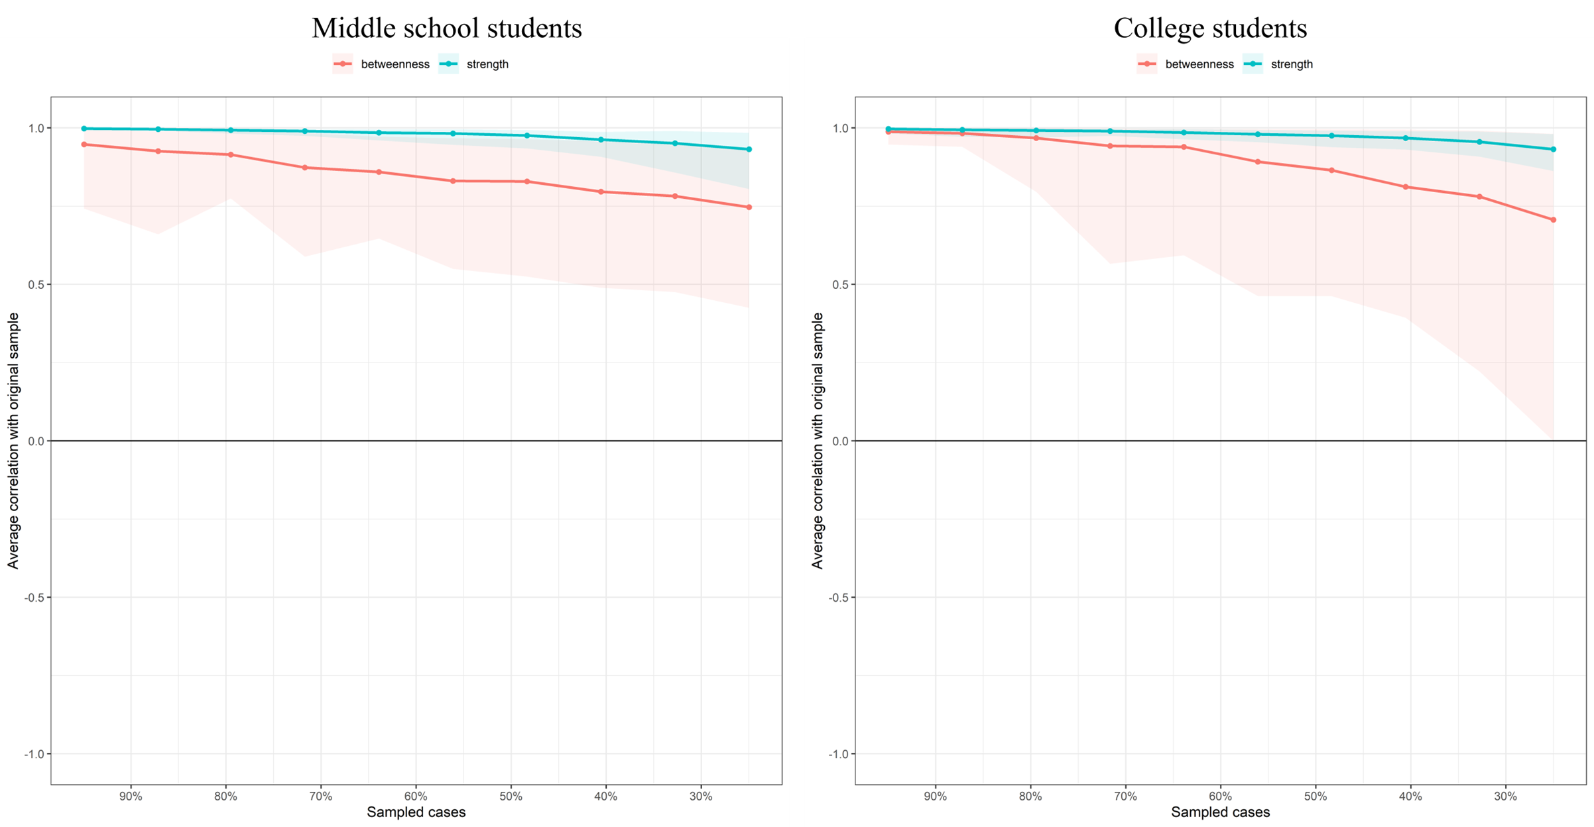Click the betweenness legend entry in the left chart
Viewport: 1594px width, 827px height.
[x=395, y=64]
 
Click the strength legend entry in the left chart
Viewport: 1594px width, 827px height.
[x=487, y=64]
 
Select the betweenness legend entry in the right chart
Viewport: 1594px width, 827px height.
[x=1199, y=64]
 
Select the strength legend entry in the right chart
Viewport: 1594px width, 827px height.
[x=1291, y=64]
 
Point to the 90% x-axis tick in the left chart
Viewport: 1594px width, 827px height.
[x=131, y=797]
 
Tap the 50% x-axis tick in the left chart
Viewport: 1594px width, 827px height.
[x=511, y=797]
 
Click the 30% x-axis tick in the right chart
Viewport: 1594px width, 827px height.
[x=1505, y=797]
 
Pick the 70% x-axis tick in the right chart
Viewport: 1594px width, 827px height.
[x=1125, y=797]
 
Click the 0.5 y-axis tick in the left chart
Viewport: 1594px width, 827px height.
[x=36, y=285]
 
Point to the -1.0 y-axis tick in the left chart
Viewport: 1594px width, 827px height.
[x=34, y=754]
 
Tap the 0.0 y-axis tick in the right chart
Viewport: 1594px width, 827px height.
[x=840, y=441]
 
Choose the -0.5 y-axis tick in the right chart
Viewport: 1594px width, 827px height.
[x=838, y=598]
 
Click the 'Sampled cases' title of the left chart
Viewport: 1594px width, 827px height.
[x=416, y=812]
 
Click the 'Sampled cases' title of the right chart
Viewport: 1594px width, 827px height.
[x=1220, y=812]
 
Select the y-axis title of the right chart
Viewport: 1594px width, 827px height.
[x=818, y=441]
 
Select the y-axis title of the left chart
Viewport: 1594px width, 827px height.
[x=13, y=441]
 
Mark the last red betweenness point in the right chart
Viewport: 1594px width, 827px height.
[x=1554, y=220]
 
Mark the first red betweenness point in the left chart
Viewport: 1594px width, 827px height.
[x=84, y=144]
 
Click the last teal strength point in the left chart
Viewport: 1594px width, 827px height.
[x=749, y=150]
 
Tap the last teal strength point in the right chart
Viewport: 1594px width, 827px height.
[x=1554, y=150]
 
